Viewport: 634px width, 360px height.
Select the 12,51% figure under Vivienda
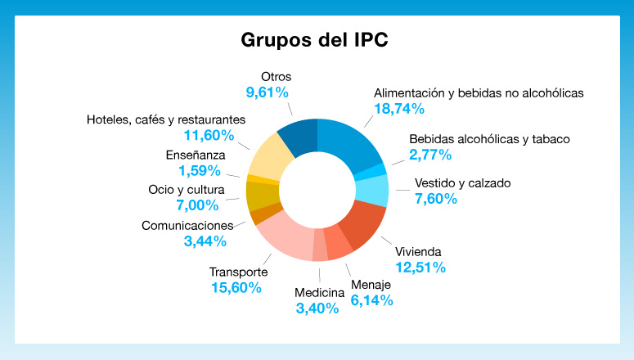click(420, 267)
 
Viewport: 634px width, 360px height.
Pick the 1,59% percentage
click(200, 170)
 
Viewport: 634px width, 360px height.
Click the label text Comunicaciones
click(187, 225)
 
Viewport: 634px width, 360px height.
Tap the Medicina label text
click(318, 292)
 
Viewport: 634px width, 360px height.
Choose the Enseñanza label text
click(196, 155)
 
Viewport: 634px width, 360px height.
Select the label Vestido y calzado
click(462, 182)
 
